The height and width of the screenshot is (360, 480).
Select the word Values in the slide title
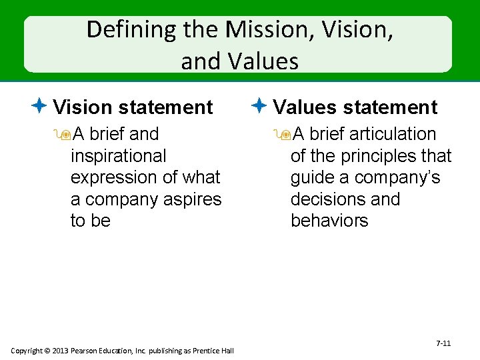(x=263, y=61)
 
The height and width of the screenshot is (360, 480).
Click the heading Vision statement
(x=133, y=107)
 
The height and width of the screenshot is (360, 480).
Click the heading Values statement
(x=355, y=107)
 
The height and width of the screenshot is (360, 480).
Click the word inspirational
(x=118, y=156)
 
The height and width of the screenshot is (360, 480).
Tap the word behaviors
(x=329, y=221)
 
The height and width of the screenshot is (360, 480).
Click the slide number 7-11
(x=443, y=343)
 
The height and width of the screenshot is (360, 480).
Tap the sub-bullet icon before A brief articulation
(x=285, y=135)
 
